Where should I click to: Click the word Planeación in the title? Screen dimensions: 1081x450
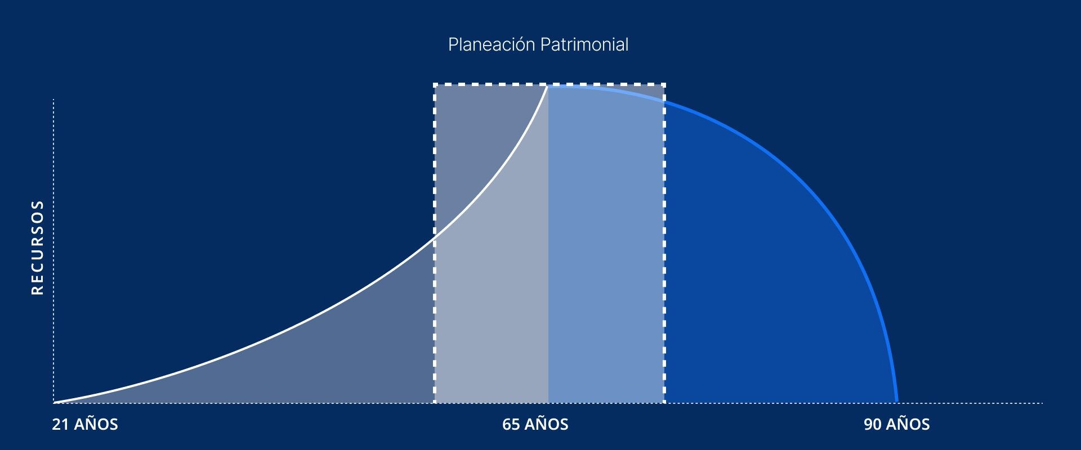(x=492, y=44)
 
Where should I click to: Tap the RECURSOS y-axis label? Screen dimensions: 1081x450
(x=37, y=247)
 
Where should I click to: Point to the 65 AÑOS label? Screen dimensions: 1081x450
(x=535, y=424)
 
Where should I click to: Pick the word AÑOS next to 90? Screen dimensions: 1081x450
(x=908, y=424)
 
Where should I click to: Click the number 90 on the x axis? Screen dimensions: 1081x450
(x=873, y=424)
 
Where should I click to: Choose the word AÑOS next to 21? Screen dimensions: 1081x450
(x=96, y=424)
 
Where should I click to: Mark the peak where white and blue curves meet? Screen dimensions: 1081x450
(x=547, y=87)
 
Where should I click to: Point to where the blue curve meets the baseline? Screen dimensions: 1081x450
(x=896, y=402)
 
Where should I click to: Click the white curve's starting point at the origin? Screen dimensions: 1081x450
(x=55, y=403)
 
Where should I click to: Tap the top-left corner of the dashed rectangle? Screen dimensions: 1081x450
(x=435, y=84)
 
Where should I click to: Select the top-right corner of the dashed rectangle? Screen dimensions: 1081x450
(x=664, y=84)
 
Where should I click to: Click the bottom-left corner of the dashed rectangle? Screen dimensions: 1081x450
(x=435, y=402)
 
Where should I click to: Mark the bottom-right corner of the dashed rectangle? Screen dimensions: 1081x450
(x=664, y=402)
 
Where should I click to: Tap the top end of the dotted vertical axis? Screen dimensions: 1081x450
(x=53, y=100)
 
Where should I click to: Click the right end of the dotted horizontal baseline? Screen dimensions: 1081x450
(x=1043, y=403)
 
